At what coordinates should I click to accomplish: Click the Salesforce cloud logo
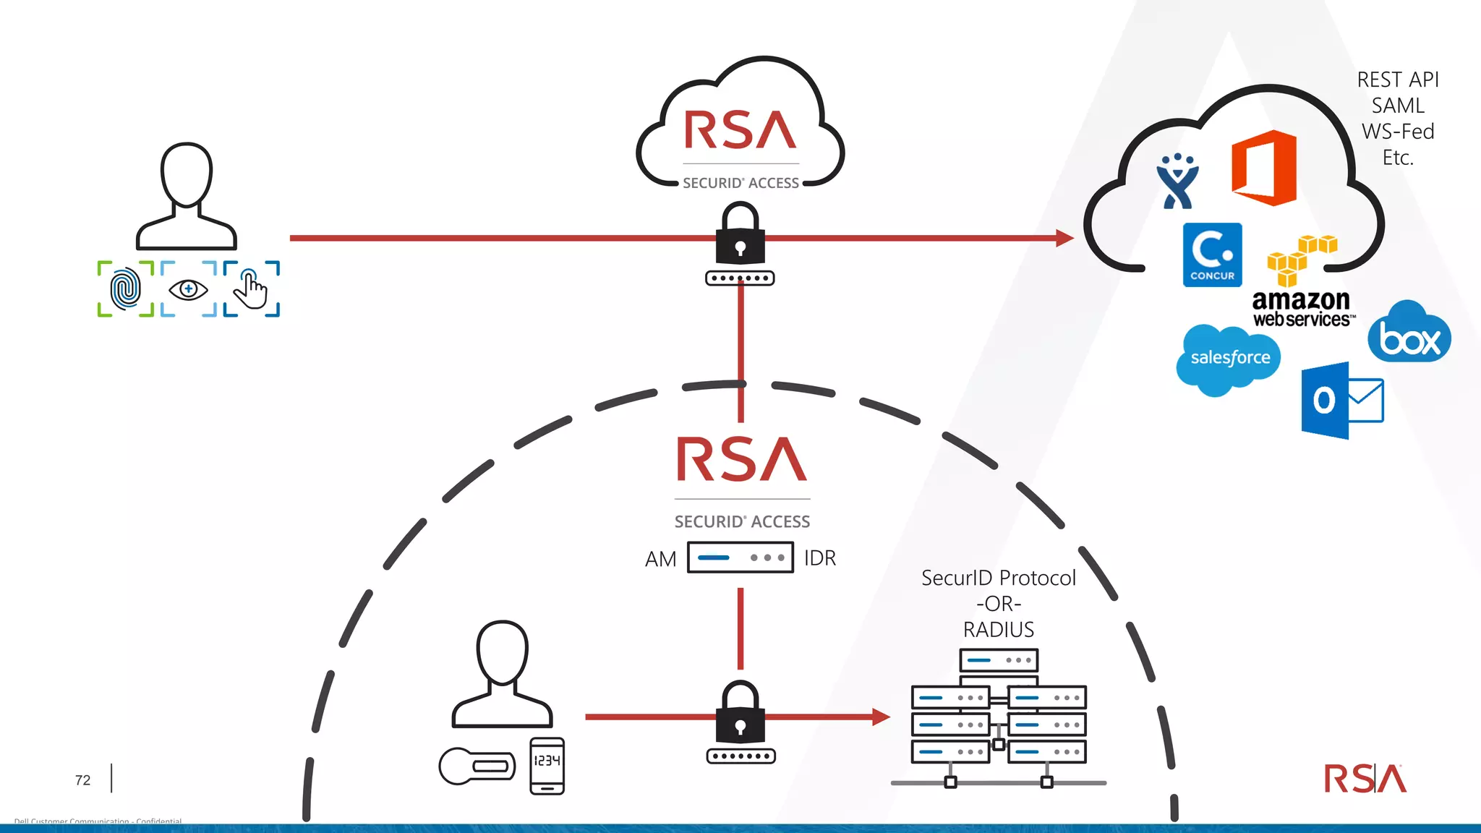tap(1229, 359)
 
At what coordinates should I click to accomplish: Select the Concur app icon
tap(1212, 255)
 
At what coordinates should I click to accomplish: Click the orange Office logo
tap(1264, 168)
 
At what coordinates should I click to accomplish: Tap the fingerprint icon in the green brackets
tap(126, 289)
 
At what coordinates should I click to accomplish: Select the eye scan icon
tap(188, 289)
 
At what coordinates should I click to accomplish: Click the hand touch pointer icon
tap(251, 289)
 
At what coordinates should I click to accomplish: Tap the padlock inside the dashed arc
tap(740, 715)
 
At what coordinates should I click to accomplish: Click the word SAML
tap(1397, 106)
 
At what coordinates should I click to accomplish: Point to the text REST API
tap(1397, 80)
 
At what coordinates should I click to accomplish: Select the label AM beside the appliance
tap(660, 559)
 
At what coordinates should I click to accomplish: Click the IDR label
tap(820, 558)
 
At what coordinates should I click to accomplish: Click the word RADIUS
tap(998, 630)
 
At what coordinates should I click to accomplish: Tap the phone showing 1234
tap(547, 766)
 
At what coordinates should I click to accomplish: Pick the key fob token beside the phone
tap(477, 766)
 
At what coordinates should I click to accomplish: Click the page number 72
tap(83, 780)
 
